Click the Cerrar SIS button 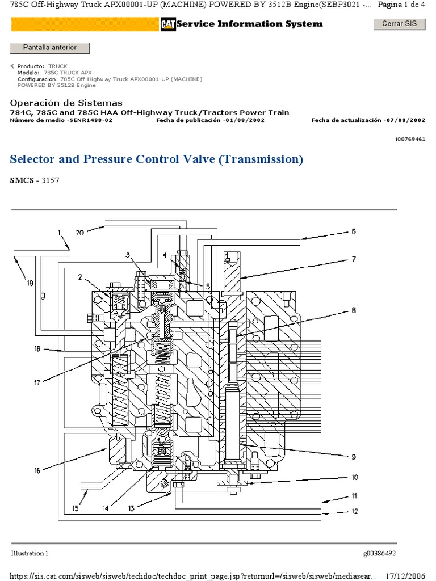[399, 24]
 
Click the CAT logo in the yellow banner [167, 24]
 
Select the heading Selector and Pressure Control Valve [157, 159]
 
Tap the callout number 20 [80, 232]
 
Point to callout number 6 [353, 231]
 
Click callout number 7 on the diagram [353, 259]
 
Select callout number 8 [353, 310]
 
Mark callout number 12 [354, 512]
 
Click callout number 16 [37, 470]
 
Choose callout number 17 [37, 383]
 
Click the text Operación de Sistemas [66, 103]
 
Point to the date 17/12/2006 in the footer [410, 575]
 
